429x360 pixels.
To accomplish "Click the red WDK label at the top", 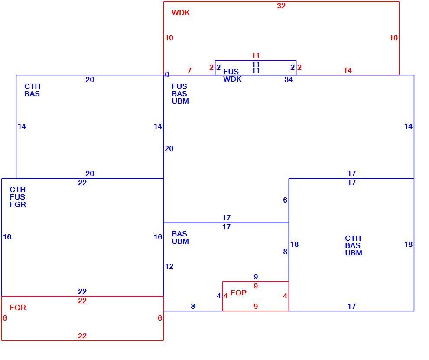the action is coord(181,13).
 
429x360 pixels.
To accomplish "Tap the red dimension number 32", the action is coord(281,6).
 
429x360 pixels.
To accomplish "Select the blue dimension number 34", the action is coord(288,79).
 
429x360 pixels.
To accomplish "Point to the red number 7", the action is coord(189,70).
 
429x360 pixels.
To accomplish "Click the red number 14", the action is coord(348,70).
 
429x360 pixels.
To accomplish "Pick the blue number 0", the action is coord(167,75).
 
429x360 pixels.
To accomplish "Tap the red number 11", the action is coord(256,56).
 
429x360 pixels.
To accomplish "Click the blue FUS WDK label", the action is coord(232,75).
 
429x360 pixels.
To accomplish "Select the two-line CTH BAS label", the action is coord(32,90).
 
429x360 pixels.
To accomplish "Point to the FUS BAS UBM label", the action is coord(180,94).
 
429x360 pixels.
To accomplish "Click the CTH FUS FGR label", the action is coord(18,197).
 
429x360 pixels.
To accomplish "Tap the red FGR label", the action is coord(18,308).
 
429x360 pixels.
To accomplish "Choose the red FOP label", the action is coord(238,293).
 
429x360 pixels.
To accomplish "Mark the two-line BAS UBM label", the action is coord(180,237).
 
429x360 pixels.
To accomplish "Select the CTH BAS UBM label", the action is coord(354,245).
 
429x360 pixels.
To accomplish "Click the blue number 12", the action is coord(169,266).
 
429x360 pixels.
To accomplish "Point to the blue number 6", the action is coord(285,200).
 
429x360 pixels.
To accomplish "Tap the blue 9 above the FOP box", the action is coord(256,277).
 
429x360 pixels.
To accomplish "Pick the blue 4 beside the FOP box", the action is coord(218,296).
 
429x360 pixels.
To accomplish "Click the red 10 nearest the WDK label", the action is coord(169,38).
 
